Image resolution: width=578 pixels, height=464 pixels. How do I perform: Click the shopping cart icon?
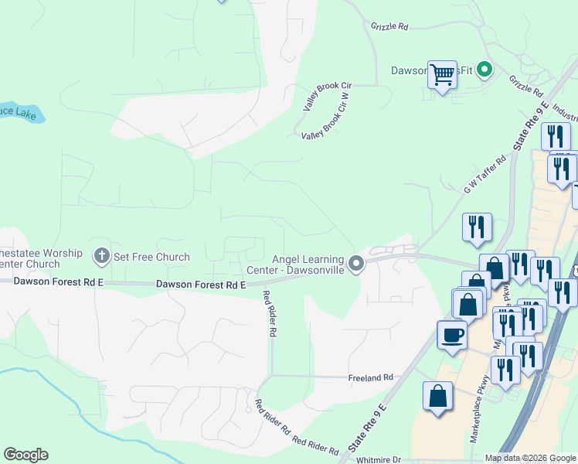pyautogui.click(x=442, y=75)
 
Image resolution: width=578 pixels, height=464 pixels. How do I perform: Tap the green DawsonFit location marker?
pyautogui.click(x=484, y=70)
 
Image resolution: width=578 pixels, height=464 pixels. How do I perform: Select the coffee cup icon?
pyautogui.click(x=452, y=336)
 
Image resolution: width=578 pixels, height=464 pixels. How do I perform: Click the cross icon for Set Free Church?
pyautogui.click(x=101, y=255)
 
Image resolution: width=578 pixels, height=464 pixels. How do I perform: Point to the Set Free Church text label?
pyautogui.click(x=151, y=257)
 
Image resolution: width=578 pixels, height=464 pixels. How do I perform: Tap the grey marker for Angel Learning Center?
pyautogui.click(x=355, y=264)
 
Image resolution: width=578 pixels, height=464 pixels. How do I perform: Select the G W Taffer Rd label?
pyautogui.click(x=484, y=173)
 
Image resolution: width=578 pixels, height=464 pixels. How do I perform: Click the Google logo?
pyautogui.click(x=25, y=455)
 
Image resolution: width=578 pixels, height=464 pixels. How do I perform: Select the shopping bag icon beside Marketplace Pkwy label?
pyautogui.click(x=437, y=396)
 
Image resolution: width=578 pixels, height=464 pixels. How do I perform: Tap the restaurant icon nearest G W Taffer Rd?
pyautogui.click(x=477, y=227)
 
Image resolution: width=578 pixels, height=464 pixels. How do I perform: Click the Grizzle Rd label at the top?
pyautogui.click(x=389, y=26)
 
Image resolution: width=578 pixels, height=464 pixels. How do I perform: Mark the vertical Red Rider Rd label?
pyautogui.click(x=269, y=312)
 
